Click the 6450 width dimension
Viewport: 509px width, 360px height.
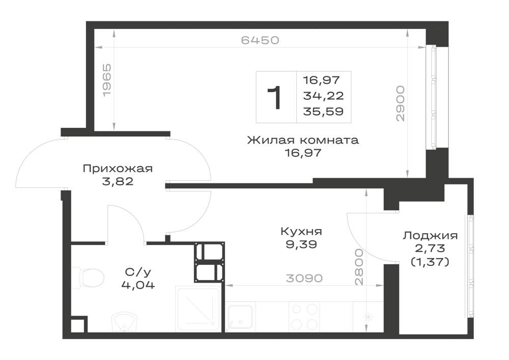(260, 40)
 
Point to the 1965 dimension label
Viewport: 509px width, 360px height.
(107, 80)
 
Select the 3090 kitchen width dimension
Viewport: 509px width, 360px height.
(304, 278)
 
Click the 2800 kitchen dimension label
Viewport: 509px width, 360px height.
(359, 267)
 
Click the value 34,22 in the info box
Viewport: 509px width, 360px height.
(323, 95)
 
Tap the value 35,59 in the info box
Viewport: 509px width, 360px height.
(323, 112)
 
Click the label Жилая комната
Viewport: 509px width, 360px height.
(303, 140)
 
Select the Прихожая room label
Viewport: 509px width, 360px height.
(118, 169)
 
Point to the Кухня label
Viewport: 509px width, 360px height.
(301, 232)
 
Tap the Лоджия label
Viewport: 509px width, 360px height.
(430, 236)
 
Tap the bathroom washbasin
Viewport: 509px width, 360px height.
(125, 322)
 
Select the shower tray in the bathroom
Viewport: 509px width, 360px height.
(198, 309)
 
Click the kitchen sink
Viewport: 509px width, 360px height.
(240, 317)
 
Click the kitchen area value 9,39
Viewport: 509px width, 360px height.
(301, 244)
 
